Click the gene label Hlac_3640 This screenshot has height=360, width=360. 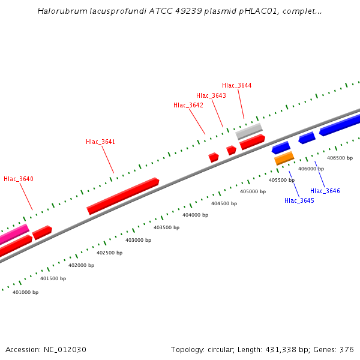19,179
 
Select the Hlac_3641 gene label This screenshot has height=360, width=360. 100,142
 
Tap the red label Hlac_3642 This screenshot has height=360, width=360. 188,106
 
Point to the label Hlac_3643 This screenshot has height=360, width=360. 211,96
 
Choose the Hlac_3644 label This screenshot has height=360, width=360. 237,86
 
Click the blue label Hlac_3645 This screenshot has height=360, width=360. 299,200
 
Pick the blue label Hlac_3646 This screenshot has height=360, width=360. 325,191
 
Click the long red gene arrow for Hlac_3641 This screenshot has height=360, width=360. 123,196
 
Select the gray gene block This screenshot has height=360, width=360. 249,131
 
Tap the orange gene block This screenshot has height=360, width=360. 284,158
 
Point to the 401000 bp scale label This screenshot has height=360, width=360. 25,293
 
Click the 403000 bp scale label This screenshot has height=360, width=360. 138,240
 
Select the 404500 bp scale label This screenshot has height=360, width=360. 224,203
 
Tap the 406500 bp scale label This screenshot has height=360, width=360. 340,158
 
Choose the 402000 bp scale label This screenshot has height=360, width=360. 81,265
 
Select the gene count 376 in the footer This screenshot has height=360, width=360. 347,350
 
